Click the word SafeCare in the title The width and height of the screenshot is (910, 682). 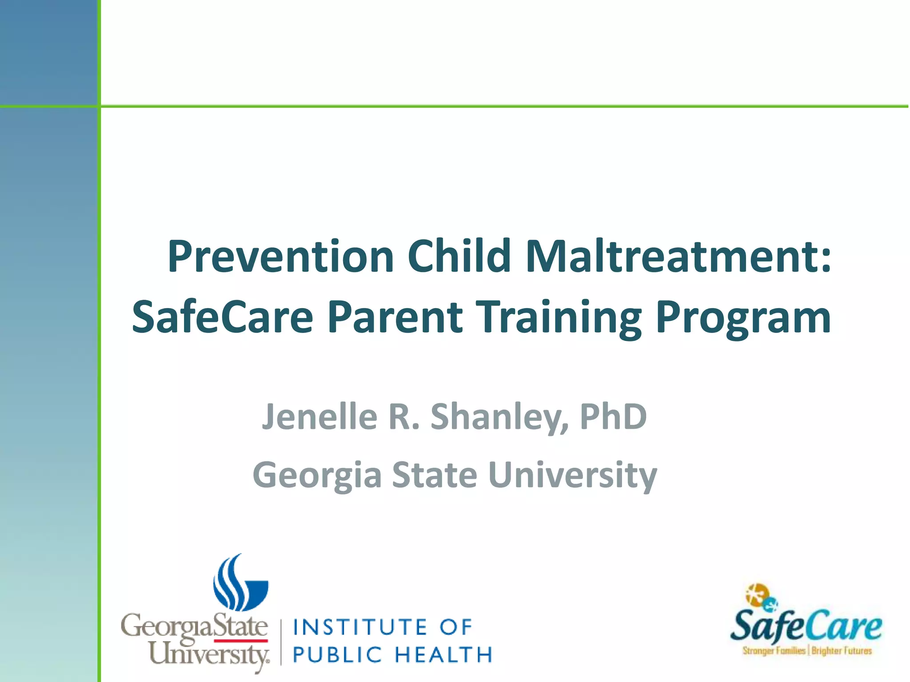[223, 317]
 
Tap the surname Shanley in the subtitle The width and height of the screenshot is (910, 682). [499, 417]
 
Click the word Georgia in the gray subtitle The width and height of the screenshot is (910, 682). [317, 475]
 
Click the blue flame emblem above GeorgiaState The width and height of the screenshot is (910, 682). [240, 584]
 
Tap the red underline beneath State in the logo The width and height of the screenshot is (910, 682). [241, 641]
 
